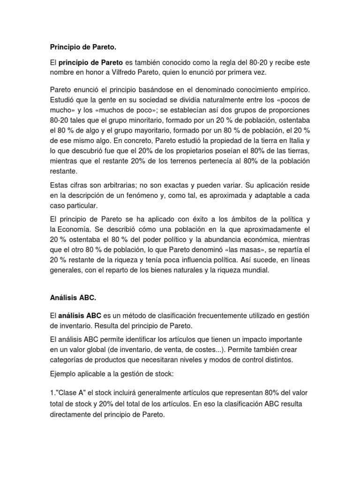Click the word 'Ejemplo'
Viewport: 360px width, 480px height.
(x=65, y=374)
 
